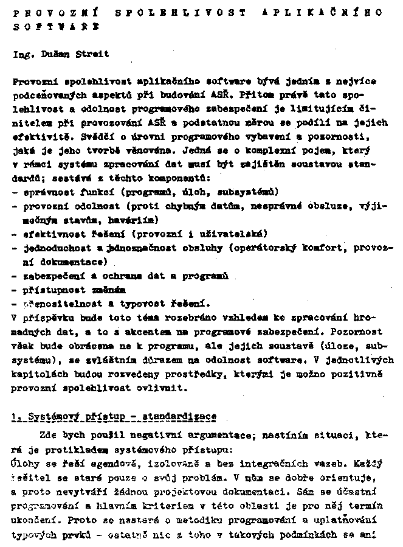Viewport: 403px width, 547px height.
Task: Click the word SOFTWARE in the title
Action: (56, 27)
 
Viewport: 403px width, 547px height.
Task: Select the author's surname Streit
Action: (93, 54)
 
